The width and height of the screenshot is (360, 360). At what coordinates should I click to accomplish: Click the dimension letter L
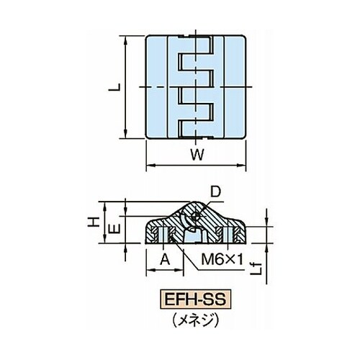(114, 88)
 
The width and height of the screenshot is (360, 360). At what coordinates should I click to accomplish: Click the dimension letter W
(197, 155)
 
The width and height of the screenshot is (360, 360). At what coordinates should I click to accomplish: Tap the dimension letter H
(94, 222)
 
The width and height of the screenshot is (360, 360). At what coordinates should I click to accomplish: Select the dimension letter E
(114, 228)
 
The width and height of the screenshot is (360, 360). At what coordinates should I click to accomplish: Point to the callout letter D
(215, 192)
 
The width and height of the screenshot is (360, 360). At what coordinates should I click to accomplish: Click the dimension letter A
(165, 260)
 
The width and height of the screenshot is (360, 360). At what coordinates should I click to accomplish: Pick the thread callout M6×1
(222, 260)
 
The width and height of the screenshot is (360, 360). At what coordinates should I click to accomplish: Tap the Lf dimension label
(258, 268)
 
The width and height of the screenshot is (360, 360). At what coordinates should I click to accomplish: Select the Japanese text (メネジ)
(196, 320)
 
